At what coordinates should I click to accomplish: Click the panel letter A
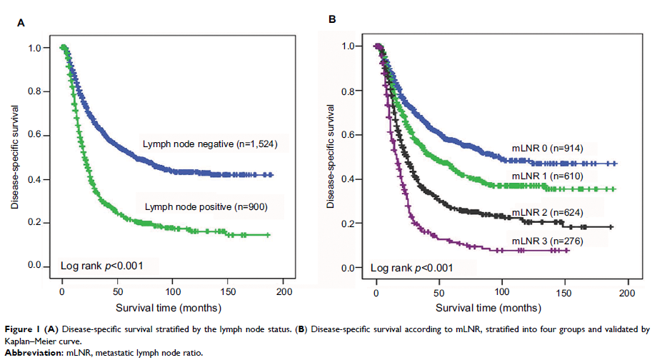click(x=21, y=23)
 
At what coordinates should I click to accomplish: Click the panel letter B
click(x=332, y=19)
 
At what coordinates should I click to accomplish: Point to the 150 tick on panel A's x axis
click(x=229, y=293)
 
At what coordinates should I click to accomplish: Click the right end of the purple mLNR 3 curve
click(x=568, y=250)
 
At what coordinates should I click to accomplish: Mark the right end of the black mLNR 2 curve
click(x=612, y=227)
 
